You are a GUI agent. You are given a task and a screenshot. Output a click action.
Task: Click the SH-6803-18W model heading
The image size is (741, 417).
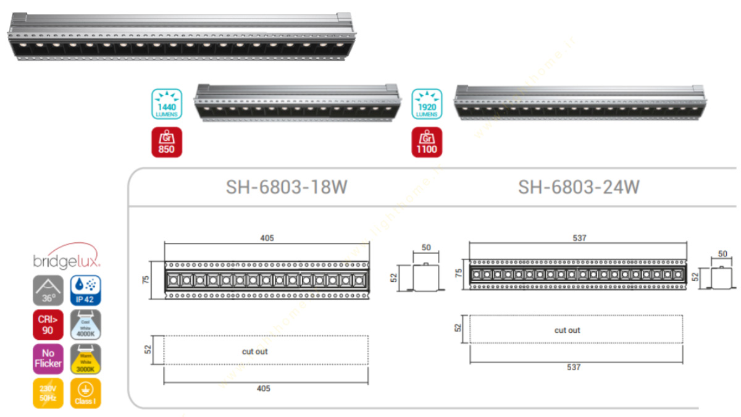click(x=286, y=187)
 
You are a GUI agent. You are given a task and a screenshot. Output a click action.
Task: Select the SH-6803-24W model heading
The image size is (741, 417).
click(x=578, y=187)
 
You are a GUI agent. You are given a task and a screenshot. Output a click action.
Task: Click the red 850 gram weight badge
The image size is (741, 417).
click(x=166, y=142)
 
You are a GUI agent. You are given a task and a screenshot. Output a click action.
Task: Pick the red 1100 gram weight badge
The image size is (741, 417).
click(x=427, y=142)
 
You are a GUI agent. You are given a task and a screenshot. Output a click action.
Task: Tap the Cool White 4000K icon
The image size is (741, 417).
click(x=85, y=324)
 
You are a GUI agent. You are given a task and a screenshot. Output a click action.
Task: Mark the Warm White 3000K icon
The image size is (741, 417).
click(x=85, y=359)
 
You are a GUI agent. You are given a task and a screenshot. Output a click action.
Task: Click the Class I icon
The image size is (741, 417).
click(x=85, y=393)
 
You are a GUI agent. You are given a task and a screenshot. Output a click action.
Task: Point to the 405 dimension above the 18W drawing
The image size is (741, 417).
click(x=267, y=238)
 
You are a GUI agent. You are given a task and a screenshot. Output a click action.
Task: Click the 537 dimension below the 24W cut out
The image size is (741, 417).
click(x=574, y=367)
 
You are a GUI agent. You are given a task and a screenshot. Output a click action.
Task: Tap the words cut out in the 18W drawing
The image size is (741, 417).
click(x=255, y=352)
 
